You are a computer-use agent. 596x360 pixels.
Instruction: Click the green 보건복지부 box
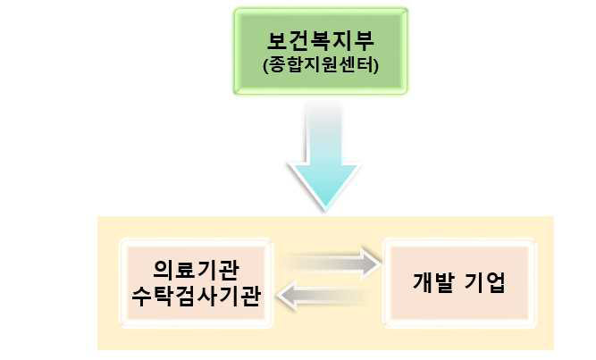[321, 51]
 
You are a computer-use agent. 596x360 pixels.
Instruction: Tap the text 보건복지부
[321, 41]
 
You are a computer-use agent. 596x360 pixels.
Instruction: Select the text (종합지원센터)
[321, 65]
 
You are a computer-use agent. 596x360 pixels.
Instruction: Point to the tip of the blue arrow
[325, 211]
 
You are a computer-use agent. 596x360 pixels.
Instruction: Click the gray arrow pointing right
[332, 263]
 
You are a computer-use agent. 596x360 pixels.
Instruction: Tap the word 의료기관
[196, 270]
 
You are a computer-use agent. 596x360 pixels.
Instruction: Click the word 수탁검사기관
[196, 296]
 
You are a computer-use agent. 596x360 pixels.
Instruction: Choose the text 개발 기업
[459, 282]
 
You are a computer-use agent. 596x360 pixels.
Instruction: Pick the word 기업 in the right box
[485, 282]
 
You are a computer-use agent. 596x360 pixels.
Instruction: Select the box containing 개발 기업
[459, 283]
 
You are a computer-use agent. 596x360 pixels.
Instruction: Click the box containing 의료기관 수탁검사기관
[196, 283]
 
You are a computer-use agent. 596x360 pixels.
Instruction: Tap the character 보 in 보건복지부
[277, 41]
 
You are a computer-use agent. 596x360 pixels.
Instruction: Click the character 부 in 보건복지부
[365, 41]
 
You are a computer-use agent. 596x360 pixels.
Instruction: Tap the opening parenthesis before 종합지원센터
[265, 66]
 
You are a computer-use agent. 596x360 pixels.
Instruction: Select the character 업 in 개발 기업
[496, 282]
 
